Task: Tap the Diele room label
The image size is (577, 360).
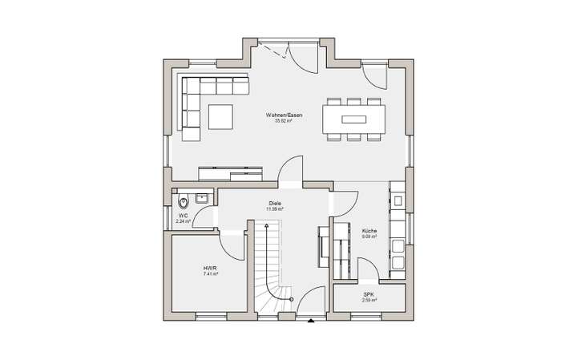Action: click(x=276, y=204)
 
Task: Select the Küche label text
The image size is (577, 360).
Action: click(x=369, y=231)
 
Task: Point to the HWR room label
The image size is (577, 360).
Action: click(x=211, y=268)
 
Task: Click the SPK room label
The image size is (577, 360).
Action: click(x=369, y=295)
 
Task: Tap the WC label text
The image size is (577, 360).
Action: click(x=183, y=216)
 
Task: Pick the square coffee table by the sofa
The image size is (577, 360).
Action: click(x=221, y=117)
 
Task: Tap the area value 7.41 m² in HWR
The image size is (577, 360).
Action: click(x=211, y=274)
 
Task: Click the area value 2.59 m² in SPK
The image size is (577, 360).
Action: click(x=369, y=301)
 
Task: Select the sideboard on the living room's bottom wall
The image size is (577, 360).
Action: click(x=230, y=171)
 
